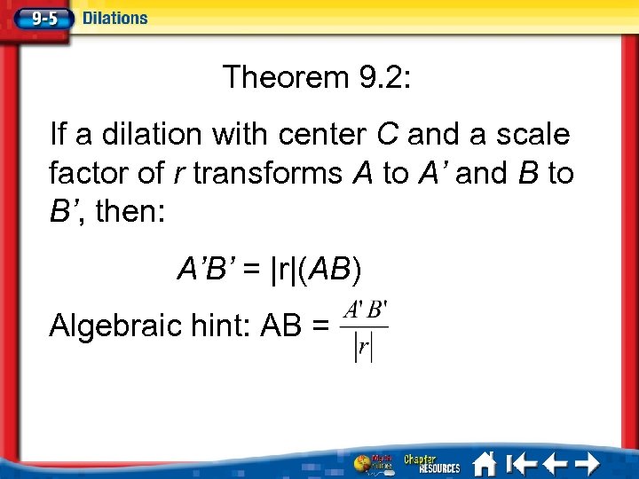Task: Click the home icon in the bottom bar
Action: pos(484,464)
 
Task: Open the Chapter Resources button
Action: pos(432,464)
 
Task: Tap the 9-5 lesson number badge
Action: pos(40,18)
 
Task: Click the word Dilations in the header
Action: pos(115,18)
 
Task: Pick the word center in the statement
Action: pos(322,135)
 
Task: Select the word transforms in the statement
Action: pos(265,173)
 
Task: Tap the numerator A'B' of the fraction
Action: pos(365,311)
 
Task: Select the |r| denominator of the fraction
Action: pos(364,347)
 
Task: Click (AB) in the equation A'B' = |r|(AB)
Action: pos(329,269)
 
